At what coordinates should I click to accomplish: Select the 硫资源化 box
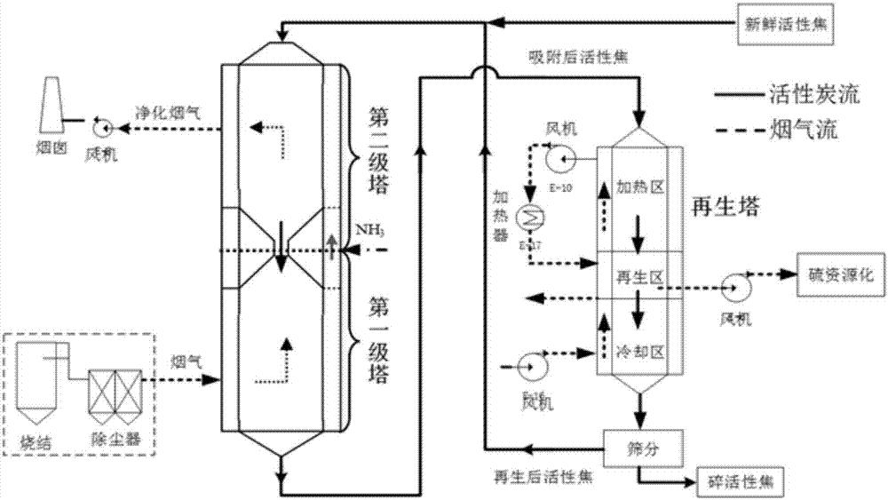point(841,276)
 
